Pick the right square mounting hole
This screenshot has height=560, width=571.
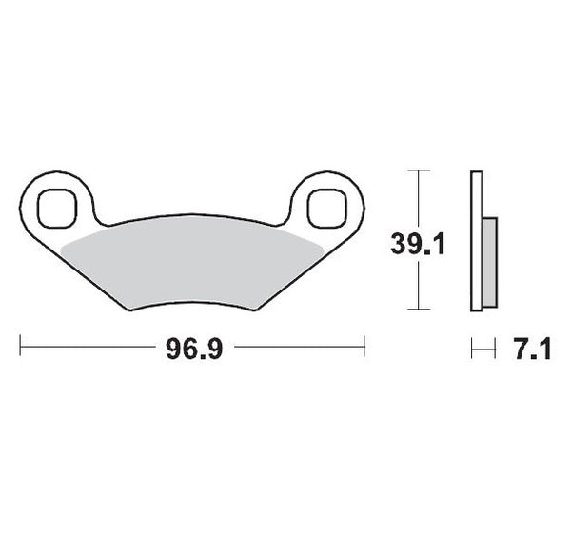pos(328,205)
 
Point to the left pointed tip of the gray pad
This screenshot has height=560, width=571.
pos(62,247)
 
